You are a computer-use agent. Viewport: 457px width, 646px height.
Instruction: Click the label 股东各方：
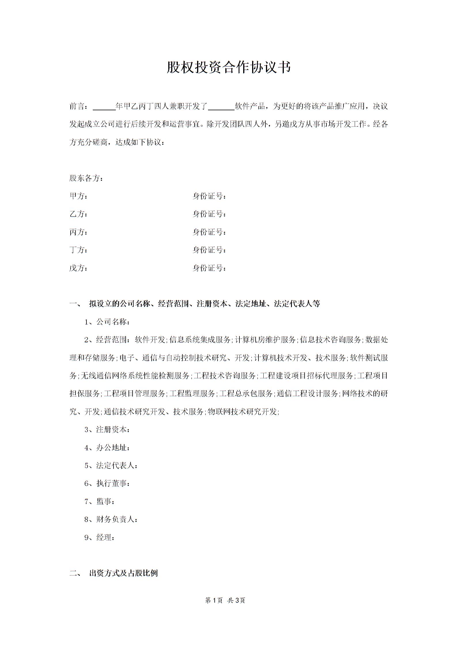pos(86,178)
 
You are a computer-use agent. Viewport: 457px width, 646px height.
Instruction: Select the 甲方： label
pos(78,196)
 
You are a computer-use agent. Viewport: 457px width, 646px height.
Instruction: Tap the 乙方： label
pos(78,214)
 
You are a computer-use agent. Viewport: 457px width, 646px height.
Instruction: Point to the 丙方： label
pos(78,232)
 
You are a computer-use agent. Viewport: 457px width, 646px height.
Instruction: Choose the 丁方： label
pos(78,250)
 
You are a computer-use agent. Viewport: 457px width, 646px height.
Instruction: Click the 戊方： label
pos(78,268)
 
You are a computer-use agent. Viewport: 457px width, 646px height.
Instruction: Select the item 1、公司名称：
pos(107,322)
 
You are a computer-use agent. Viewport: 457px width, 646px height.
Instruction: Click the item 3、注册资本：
pos(107,430)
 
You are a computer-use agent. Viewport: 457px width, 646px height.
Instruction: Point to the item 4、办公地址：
pos(107,448)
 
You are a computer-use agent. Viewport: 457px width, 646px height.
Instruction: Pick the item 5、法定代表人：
pos(111,466)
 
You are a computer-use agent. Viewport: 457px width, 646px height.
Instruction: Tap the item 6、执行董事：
pos(107,483)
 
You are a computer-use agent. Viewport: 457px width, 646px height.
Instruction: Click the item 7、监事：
pos(99,501)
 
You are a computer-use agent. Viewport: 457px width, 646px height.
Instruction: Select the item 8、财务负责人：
pos(111,519)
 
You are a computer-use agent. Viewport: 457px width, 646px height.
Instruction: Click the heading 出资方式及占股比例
pos(123,573)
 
